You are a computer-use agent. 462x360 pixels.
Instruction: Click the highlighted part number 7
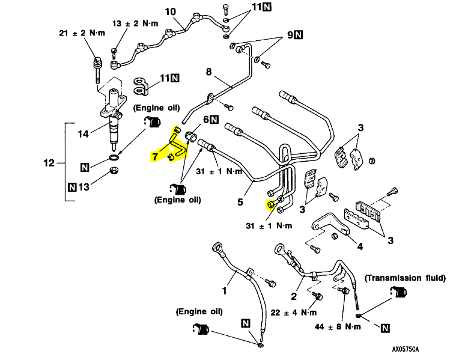click(155, 157)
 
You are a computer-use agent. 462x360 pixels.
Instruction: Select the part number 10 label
click(170, 11)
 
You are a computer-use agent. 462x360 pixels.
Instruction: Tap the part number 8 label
click(209, 72)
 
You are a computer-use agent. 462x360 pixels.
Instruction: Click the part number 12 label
click(49, 163)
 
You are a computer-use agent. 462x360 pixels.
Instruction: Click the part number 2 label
click(294, 296)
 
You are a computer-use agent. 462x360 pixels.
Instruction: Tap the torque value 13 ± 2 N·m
click(136, 23)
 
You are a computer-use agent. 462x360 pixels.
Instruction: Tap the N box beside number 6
click(214, 120)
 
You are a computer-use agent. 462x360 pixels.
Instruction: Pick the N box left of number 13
click(73, 187)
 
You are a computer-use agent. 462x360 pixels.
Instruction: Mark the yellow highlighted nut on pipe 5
click(270, 205)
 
